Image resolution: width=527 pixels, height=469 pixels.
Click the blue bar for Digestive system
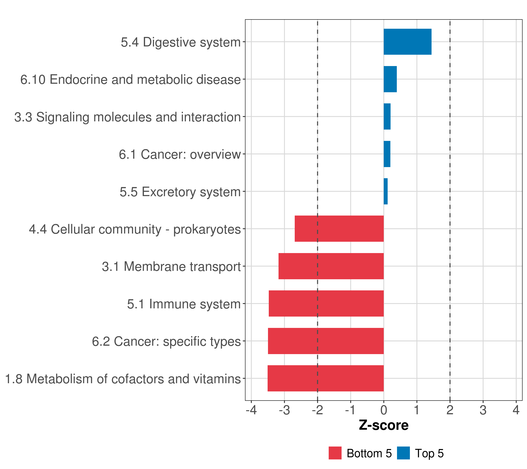coord(407,42)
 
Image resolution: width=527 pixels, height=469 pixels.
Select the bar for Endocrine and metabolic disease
coord(390,79)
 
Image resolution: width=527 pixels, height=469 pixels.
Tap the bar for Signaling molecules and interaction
coord(387,116)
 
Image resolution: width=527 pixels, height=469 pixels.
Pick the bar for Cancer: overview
coord(387,154)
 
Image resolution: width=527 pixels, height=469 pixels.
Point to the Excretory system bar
coord(385,191)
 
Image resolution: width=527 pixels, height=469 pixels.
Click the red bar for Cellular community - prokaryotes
coord(339,229)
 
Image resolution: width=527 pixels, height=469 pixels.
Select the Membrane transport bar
coord(331,266)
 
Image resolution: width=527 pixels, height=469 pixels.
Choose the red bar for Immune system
coord(326,303)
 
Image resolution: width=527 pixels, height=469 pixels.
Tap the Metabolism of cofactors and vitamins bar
coord(325,378)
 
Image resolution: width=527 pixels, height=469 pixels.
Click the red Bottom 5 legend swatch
coord(335,453)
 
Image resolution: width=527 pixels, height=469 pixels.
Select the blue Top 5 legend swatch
coord(403,453)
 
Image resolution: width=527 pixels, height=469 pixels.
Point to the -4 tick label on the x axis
coord(251,410)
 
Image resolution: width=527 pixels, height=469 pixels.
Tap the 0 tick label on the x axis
coord(384,410)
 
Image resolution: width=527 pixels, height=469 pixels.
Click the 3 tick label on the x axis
coord(483,410)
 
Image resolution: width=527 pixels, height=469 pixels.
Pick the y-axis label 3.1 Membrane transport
coord(171,267)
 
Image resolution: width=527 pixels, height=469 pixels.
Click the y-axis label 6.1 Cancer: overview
coord(180,155)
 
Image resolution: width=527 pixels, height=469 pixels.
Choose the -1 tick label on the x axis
coord(350,410)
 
